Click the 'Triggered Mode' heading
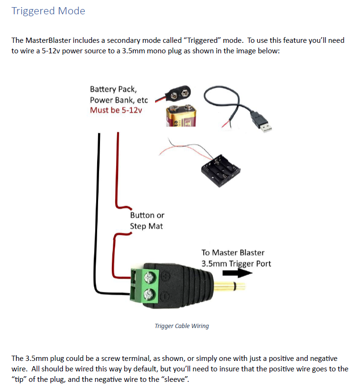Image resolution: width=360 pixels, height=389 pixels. (x=48, y=11)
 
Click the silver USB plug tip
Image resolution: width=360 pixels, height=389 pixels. (x=265, y=125)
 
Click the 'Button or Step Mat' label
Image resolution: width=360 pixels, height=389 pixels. (x=147, y=220)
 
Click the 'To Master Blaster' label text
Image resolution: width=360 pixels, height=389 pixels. (x=233, y=252)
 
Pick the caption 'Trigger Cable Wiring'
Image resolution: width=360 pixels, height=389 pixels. (x=182, y=326)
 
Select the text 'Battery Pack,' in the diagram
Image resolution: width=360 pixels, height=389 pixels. (x=113, y=89)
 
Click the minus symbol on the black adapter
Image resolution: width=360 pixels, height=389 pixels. (x=166, y=296)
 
